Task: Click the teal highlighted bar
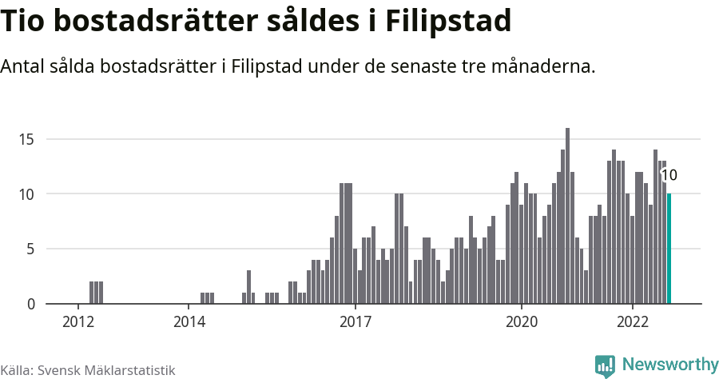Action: click(669, 249)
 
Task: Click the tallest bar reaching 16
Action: click(567, 216)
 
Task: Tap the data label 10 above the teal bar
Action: click(669, 176)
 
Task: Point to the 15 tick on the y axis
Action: click(26, 139)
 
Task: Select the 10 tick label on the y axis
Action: click(26, 194)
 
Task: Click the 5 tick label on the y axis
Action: click(30, 249)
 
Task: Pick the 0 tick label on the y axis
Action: click(30, 305)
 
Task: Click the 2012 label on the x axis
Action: click(78, 322)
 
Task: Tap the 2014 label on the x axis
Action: click(189, 322)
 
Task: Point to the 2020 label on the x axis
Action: click(521, 322)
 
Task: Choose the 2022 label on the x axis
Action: click(632, 322)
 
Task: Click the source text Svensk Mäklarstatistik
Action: click(106, 370)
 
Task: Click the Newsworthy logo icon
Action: click(605, 365)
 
